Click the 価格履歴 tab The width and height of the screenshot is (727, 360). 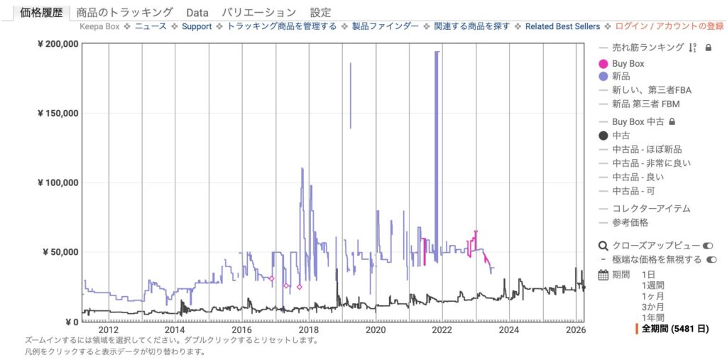point(41,12)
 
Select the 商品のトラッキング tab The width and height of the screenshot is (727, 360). point(124,12)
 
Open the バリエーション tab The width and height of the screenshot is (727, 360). point(258,12)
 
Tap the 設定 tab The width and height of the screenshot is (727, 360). point(320,12)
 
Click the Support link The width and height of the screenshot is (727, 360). point(197,26)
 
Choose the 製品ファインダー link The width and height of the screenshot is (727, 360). point(384,26)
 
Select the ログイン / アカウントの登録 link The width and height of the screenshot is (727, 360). point(669,26)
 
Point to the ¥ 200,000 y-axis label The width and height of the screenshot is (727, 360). point(56,44)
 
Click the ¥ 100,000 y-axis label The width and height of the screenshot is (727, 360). point(56,182)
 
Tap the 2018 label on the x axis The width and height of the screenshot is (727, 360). point(308,329)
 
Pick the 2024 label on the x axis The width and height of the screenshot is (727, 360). point(508,329)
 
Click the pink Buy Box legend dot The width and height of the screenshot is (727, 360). point(603,64)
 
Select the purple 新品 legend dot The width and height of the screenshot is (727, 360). point(603,76)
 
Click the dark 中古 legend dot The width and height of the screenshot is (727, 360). point(603,136)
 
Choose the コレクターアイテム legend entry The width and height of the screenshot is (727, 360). point(651,209)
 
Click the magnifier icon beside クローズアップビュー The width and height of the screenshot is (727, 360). point(603,246)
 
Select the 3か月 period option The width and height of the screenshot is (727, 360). point(652,307)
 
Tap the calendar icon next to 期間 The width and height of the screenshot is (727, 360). point(603,275)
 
